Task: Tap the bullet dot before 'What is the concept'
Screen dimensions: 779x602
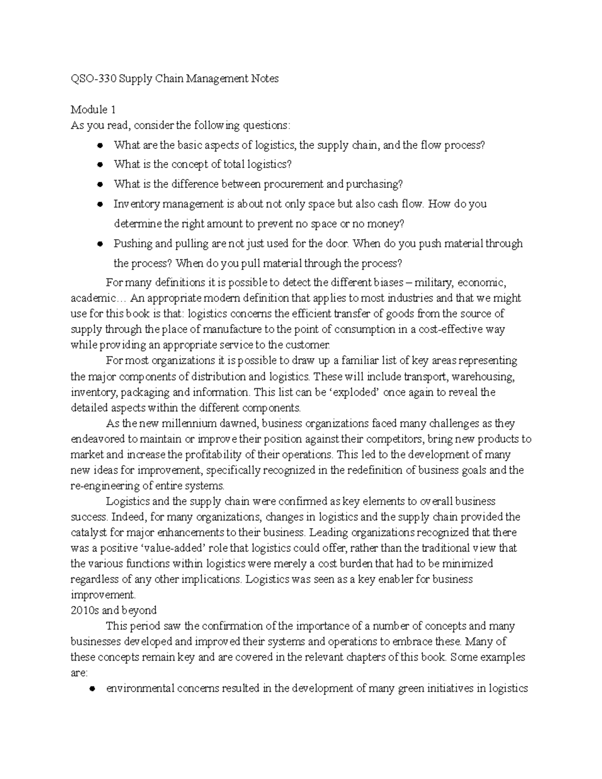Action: [x=100, y=165]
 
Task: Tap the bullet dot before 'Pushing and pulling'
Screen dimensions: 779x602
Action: [x=100, y=244]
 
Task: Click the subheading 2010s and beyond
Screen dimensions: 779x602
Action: [x=114, y=610]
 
